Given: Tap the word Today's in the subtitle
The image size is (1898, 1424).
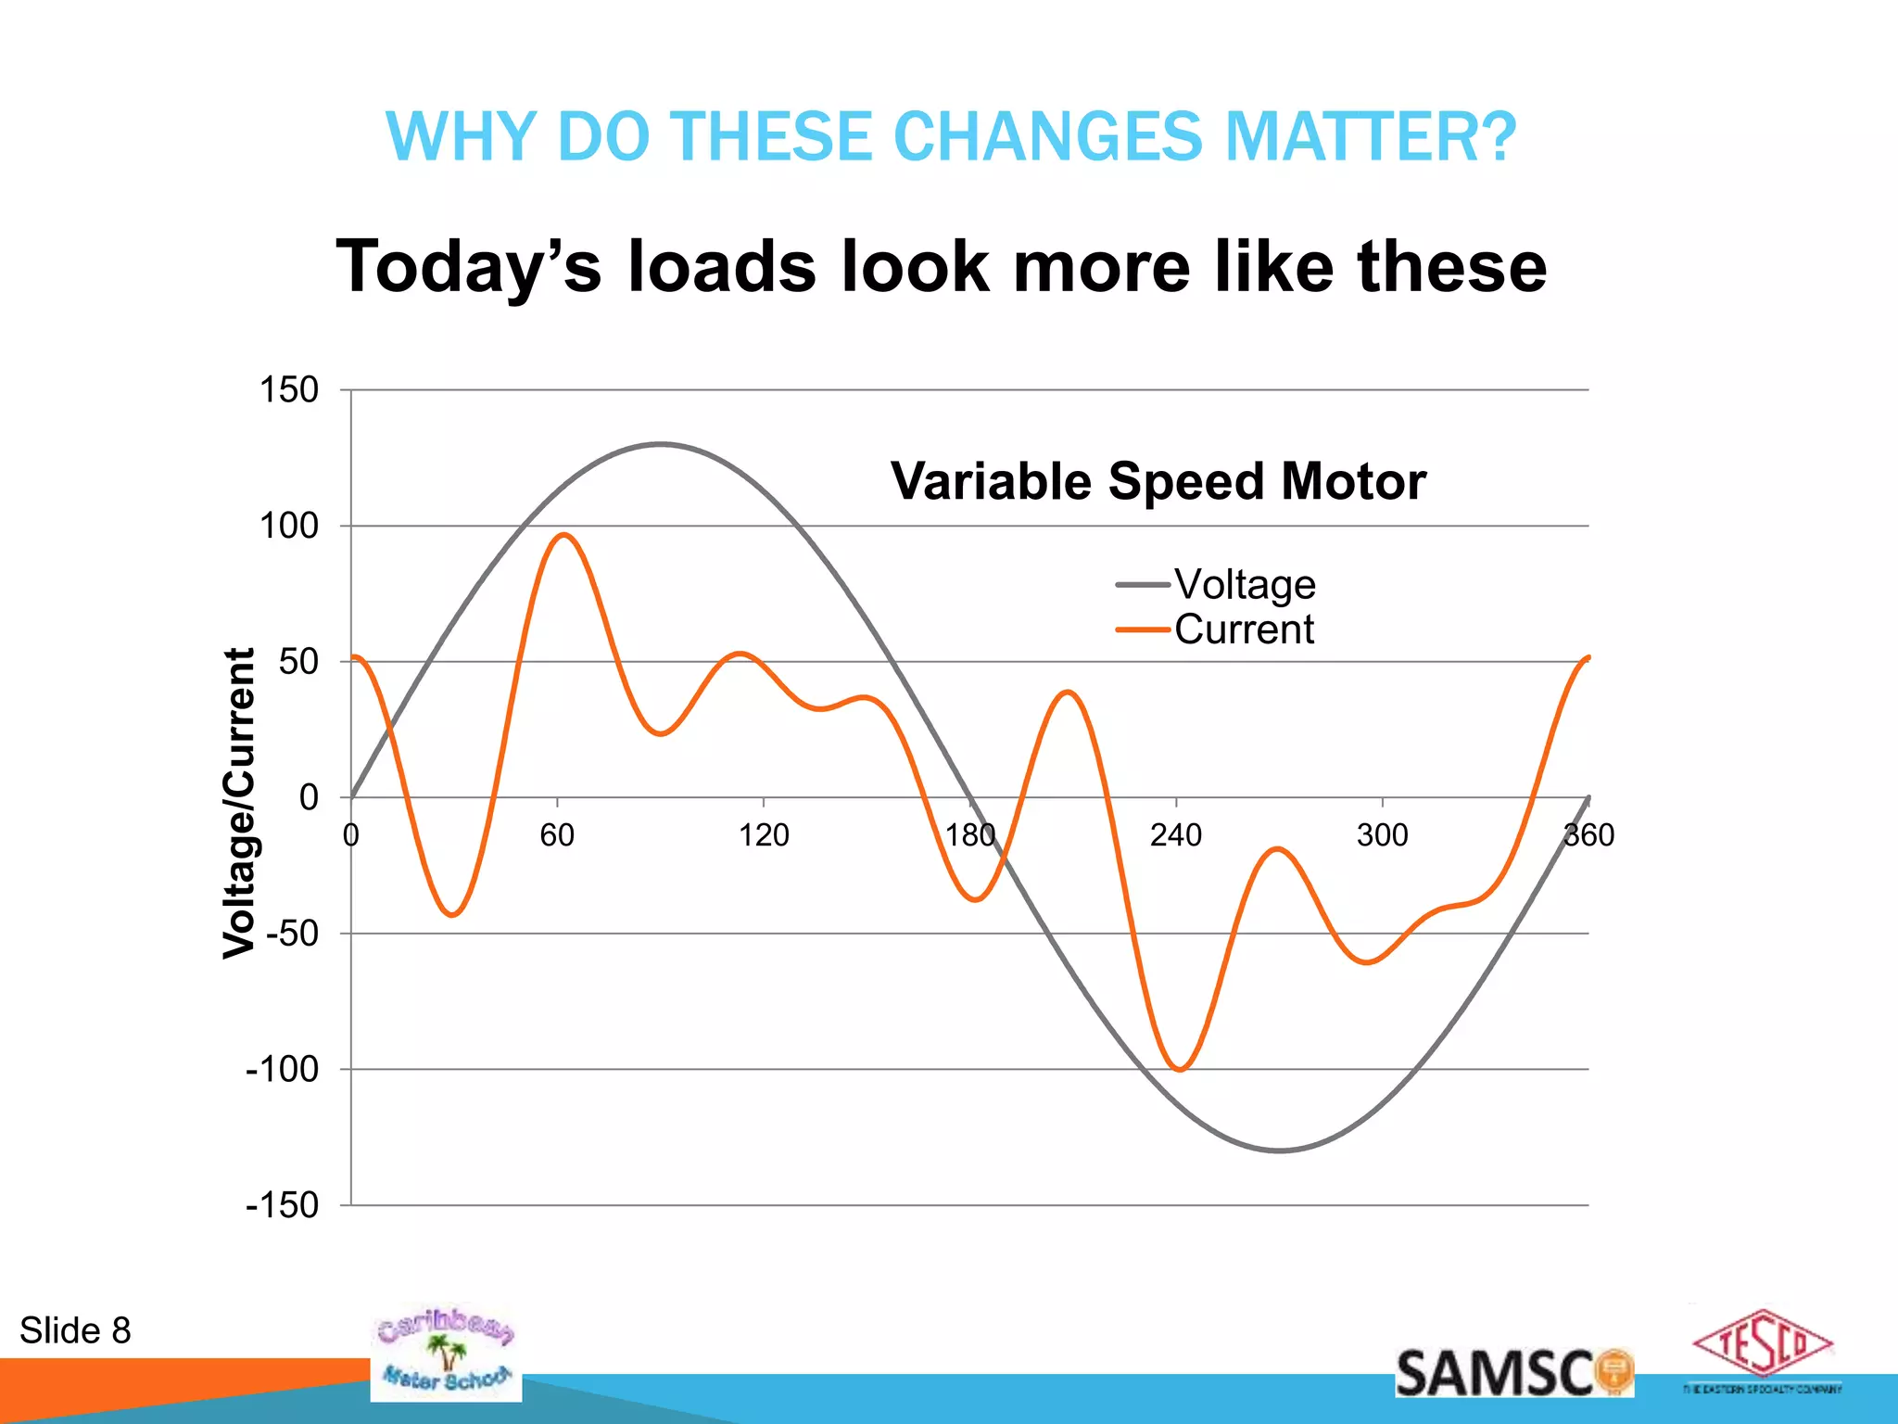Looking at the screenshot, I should pyautogui.click(x=468, y=267).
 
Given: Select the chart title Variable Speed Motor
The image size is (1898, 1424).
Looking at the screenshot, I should pyautogui.click(x=1158, y=482).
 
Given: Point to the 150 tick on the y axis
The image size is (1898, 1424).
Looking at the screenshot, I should pyautogui.click(x=288, y=390).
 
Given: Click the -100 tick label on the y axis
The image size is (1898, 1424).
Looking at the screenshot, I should pyautogui.click(x=282, y=1070).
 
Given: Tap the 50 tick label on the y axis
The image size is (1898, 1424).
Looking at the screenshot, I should pyautogui.click(x=297, y=662).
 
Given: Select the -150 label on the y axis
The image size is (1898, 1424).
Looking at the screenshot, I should pyautogui.click(x=282, y=1206).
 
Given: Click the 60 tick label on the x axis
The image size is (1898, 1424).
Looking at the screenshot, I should pyautogui.click(x=557, y=835).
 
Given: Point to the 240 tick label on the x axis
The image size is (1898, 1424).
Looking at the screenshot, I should pyautogui.click(x=1175, y=835).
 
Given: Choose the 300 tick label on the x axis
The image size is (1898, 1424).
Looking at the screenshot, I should pyautogui.click(x=1382, y=835).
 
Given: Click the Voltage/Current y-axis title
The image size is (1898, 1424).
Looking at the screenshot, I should pyautogui.click(x=239, y=803).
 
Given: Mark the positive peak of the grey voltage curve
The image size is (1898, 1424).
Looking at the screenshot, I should pyautogui.click(x=660, y=444).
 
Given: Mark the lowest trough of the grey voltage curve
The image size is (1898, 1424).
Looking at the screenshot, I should pyautogui.click(x=1280, y=1151).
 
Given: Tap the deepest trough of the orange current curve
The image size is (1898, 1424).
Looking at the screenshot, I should pyautogui.click(x=1179, y=1070).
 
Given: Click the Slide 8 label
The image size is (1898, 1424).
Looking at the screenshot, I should pyautogui.click(x=75, y=1331).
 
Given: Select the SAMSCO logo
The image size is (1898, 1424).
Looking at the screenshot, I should pyautogui.click(x=1513, y=1373).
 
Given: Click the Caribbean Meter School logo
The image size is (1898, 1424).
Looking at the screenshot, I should pyautogui.click(x=446, y=1353).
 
